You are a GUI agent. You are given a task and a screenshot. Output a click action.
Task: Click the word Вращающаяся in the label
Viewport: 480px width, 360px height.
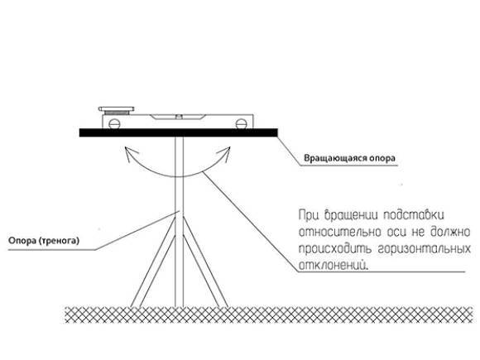point(335,159)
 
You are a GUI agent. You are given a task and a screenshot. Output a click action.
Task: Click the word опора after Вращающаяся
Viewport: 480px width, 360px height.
point(382,159)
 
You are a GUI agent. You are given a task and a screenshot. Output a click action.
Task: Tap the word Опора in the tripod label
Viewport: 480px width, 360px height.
point(22,241)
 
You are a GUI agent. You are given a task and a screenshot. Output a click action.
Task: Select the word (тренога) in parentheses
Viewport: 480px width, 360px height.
point(59,241)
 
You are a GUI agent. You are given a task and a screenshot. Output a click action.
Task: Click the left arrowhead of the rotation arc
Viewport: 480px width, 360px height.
point(130,152)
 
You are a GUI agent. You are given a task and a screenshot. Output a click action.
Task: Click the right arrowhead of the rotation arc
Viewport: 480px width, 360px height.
point(224,152)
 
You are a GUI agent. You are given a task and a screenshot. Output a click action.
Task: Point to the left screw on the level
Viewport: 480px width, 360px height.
point(114,123)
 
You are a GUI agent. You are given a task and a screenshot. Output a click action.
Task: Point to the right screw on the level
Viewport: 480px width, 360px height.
point(241,123)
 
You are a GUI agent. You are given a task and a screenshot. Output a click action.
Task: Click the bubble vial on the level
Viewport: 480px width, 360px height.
point(178,117)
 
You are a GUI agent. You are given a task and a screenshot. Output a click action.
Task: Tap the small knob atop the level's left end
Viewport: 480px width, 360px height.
point(117,109)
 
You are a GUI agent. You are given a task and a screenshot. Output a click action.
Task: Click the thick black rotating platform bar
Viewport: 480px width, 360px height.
point(179,132)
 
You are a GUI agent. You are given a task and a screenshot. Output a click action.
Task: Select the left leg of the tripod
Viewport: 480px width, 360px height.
point(153,262)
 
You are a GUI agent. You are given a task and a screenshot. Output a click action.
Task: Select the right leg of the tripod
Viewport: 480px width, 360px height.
point(205,262)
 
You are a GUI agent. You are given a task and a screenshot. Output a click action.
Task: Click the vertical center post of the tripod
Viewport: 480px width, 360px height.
point(179,221)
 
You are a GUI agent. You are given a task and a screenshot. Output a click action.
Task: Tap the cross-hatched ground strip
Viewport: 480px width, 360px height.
point(269,314)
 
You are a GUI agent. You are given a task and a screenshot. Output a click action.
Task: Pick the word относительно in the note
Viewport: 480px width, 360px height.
point(340,232)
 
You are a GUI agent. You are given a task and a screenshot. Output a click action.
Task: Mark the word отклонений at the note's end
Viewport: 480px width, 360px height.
point(333,265)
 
